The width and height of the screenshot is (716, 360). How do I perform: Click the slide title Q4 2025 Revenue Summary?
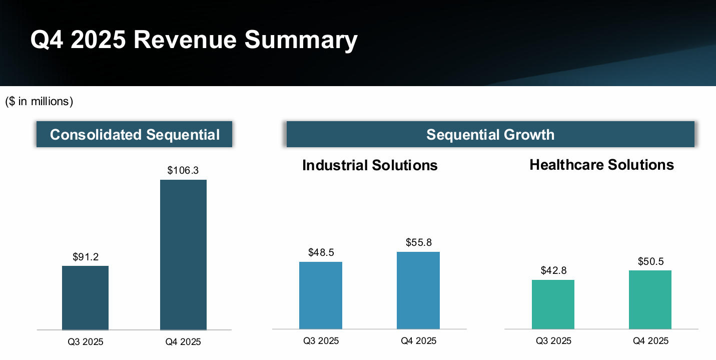[194, 40]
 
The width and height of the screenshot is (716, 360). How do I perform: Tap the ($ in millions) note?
[39, 102]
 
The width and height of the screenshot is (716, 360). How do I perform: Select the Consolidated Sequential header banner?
[135, 135]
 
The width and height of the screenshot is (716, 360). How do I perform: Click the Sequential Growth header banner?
[490, 135]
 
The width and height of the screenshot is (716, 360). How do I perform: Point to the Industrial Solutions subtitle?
[370, 165]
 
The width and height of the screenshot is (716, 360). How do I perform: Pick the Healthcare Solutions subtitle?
[601, 165]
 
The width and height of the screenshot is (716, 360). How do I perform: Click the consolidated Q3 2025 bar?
[86, 297]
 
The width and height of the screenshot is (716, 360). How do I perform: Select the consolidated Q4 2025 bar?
[183, 254]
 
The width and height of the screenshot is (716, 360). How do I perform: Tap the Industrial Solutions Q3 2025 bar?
[321, 295]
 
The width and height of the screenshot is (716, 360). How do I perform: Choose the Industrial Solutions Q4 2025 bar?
[418, 290]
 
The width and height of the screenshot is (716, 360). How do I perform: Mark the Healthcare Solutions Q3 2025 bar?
[553, 304]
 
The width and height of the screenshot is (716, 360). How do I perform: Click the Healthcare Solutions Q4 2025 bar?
[650, 299]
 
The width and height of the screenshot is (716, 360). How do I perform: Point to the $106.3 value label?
[183, 171]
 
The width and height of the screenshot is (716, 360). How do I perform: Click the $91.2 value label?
[86, 257]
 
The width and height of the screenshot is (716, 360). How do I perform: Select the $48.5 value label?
[321, 253]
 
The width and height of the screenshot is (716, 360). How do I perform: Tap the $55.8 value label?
[418, 243]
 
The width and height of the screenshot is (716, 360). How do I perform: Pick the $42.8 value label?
[553, 271]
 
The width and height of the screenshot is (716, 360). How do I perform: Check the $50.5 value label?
[650, 261]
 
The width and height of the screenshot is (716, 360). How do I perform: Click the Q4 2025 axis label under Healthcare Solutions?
[650, 341]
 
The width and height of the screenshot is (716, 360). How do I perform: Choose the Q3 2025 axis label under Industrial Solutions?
[321, 341]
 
